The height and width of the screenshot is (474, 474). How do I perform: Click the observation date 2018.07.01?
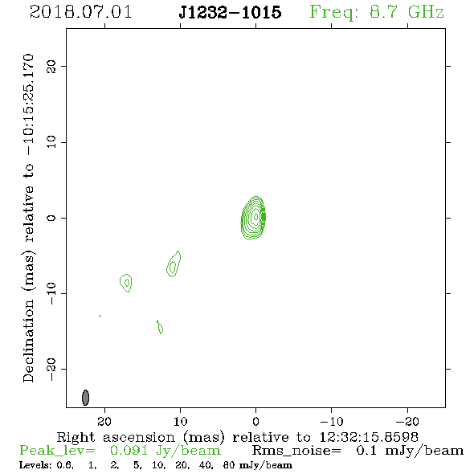80,12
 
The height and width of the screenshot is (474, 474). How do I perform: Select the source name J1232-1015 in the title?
230,12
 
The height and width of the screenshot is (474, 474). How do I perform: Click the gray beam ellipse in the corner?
85,398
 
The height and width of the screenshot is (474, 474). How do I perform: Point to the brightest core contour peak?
256,216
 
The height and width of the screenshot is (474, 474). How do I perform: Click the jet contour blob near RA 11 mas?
174,264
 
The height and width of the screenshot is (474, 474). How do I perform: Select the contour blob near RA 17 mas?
126,283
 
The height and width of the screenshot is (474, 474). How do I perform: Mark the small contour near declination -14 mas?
160,327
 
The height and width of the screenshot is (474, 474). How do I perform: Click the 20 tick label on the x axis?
104,421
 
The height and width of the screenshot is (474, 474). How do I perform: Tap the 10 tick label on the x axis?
181,421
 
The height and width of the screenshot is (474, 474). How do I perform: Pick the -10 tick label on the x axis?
332,421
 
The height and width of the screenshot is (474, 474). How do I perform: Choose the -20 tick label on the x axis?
407,421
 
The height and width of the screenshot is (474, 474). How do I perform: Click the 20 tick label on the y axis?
51,66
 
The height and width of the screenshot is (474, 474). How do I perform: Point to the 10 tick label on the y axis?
51,142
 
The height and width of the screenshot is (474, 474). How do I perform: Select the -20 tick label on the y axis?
51,369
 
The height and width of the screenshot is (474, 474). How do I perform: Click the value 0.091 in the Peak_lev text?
129,451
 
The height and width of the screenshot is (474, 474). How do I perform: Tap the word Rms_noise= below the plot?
296,451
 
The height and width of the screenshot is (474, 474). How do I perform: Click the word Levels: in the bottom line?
35,465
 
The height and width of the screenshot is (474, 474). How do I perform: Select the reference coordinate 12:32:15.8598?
369,437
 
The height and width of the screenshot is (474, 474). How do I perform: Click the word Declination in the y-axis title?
28,341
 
